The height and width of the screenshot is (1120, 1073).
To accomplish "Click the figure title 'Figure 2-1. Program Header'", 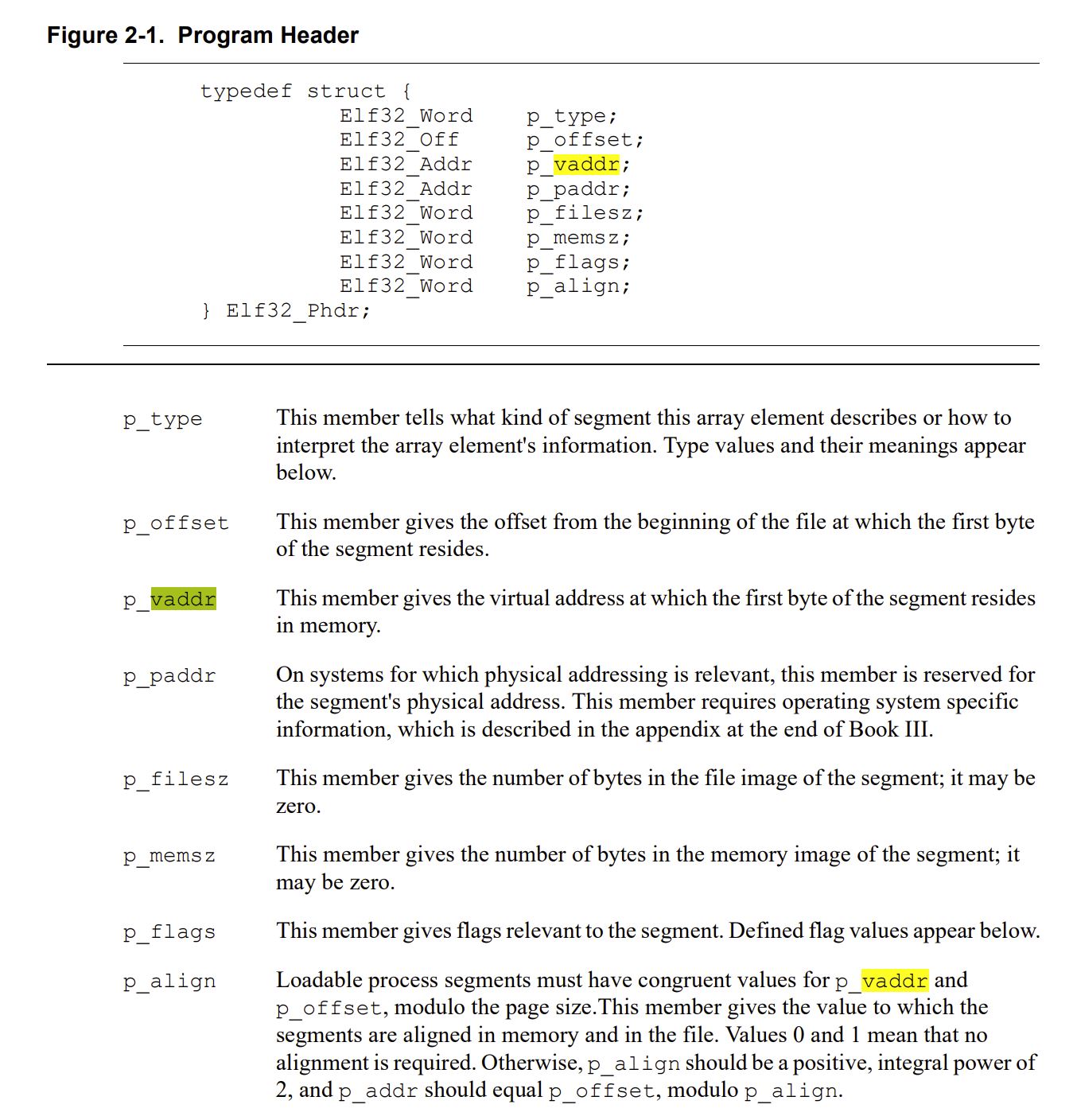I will (203, 36).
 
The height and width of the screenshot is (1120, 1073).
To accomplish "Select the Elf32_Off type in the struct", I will (399, 140).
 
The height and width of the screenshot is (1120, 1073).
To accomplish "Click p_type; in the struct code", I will (571, 116).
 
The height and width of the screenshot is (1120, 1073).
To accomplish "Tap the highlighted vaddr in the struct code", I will (586, 165).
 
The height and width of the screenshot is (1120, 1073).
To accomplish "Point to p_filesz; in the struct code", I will (585, 213).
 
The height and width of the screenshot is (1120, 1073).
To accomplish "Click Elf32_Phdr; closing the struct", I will (298, 310).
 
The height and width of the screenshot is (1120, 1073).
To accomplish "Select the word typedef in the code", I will (246, 91).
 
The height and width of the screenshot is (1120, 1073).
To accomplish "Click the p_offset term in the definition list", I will (176, 523).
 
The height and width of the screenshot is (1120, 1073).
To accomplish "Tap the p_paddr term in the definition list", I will (169, 676).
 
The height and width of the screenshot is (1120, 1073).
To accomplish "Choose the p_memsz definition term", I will (169, 856).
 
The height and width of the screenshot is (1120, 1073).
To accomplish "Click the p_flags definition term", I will (169, 932).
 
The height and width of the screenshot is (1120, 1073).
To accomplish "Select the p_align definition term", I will (169, 982).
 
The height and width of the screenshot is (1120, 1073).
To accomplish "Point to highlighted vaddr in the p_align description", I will (895, 981).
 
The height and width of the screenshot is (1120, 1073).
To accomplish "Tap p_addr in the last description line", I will (378, 1091).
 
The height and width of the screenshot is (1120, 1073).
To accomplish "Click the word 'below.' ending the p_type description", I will (306, 472).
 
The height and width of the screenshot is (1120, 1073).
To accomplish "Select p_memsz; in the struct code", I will (578, 238).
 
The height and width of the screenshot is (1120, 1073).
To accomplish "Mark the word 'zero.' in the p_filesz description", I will (298, 806).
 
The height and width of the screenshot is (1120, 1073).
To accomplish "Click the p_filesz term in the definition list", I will (176, 780).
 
